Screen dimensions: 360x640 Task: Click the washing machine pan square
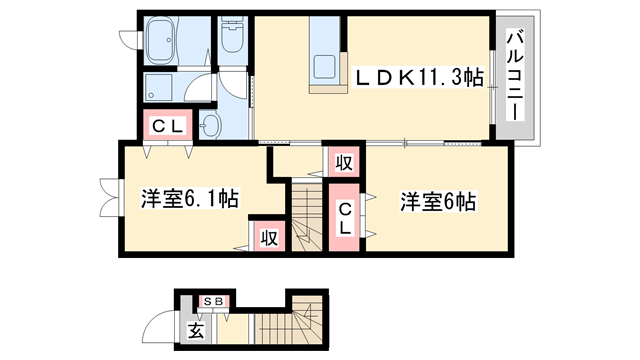160,87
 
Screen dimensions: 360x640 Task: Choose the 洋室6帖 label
436,199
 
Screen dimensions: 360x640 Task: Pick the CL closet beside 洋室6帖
343,218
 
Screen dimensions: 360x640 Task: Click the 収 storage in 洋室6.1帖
268,237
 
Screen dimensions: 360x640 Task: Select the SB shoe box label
213,300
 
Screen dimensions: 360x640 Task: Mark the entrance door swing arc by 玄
158,327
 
